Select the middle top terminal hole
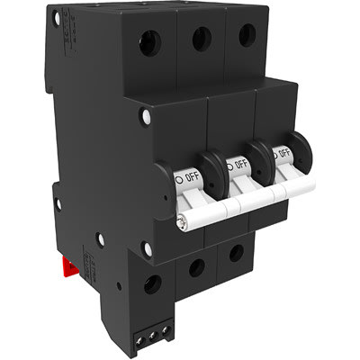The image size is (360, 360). [x=202, y=37]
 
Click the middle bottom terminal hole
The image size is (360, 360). [x=195, y=266]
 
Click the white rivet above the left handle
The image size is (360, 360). [x=145, y=116]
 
